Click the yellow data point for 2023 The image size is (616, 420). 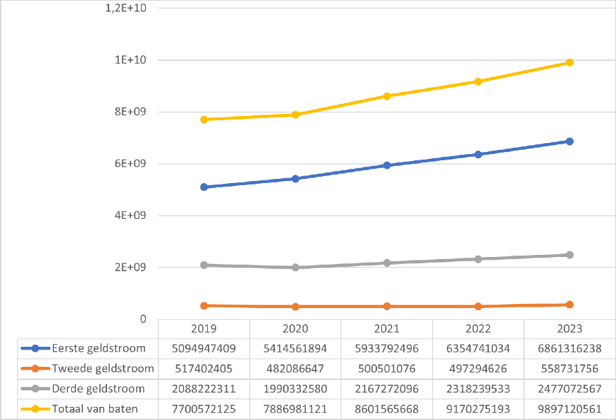coord(570,63)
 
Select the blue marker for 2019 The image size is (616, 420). coord(204,187)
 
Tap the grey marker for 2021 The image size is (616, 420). coord(387,263)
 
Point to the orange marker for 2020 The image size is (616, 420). coord(296,307)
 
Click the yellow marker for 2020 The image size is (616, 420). coord(296,115)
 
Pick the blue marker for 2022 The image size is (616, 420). coord(478,154)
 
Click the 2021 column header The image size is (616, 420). coord(387,328)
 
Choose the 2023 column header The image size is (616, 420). coord(570,328)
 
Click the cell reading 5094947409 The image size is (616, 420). coord(204,348)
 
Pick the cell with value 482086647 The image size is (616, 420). coord(296,368)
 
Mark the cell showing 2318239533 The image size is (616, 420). coord(478,389)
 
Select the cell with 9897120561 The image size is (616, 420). coord(570,409)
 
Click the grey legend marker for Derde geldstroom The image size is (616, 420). coord(35,389)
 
